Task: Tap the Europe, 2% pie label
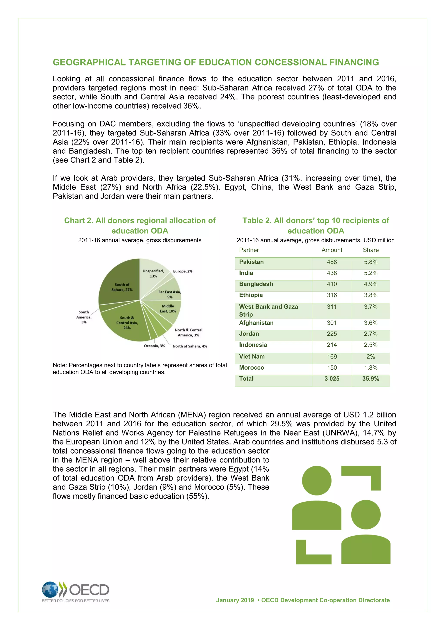click(x=183, y=271)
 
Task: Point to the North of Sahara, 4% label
click(x=190, y=346)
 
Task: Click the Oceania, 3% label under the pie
click(x=154, y=346)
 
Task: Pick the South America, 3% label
click(x=84, y=317)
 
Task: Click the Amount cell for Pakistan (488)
click(x=332, y=262)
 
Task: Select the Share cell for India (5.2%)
click(x=370, y=273)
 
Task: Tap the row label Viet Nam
click(x=252, y=356)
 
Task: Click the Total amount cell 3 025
click(x=332, y=379)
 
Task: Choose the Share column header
click(x=370, y=250)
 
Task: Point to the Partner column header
click(x=249, y=250)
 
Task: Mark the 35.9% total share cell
click(x=370, y=379)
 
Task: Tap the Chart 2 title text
click(x=140, y=225)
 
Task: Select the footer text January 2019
click(x=235, y=600)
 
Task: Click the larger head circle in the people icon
click(x=317, y=481)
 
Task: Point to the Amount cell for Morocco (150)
click(x=332, y=368)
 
